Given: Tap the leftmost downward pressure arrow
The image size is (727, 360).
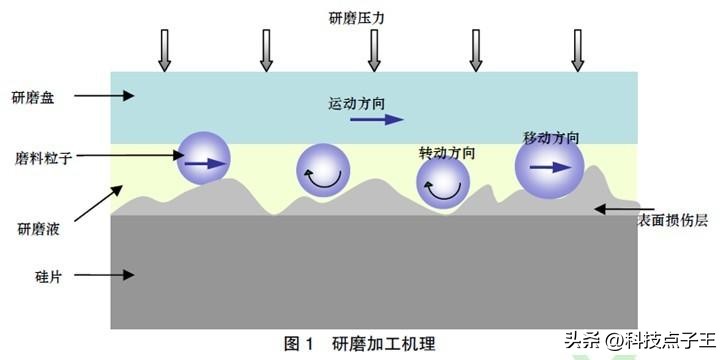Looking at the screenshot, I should pyautogui.click(x=166, y=50).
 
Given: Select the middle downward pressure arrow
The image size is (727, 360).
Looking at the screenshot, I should pyautogui.click(x=372, y=50).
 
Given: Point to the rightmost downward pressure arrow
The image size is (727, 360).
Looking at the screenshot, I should pyautogui.click(x=577, y=50).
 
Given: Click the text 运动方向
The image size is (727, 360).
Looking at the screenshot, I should pyautogui.click(x=356, y=102).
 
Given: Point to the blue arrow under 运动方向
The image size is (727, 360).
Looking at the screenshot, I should pyautogui.click(x=370, y=120).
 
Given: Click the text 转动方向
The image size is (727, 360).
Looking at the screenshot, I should pyautogui.click(x=446, y=153).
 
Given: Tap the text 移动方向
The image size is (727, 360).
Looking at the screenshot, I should pyautogui.click(x=551, y=137).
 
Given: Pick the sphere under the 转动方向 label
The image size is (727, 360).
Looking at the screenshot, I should pyautogui.click(x=443, y=184).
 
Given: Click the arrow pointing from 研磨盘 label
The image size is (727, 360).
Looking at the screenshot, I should pyautogui.click(x=104, y=97).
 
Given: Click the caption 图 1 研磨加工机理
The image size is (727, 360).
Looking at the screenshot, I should pyautogui.click(x=360, y=344).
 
